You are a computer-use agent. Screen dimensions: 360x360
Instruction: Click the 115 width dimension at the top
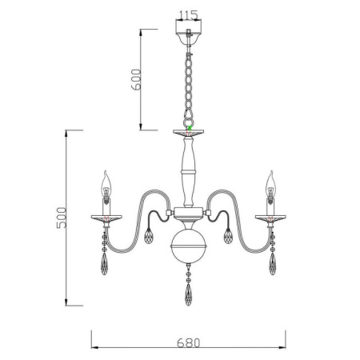(189, 15)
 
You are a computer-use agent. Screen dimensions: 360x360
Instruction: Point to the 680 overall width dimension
(188, 342)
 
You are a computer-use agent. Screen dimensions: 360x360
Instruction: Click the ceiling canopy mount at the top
(189, 36)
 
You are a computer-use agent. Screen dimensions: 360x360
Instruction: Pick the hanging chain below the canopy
(189, 84)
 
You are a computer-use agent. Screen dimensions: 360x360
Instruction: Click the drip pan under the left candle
(106, 217)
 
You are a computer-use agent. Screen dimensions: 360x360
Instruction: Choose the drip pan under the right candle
(272, 217)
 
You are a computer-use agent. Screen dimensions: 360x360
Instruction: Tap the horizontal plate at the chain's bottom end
(189, 131)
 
